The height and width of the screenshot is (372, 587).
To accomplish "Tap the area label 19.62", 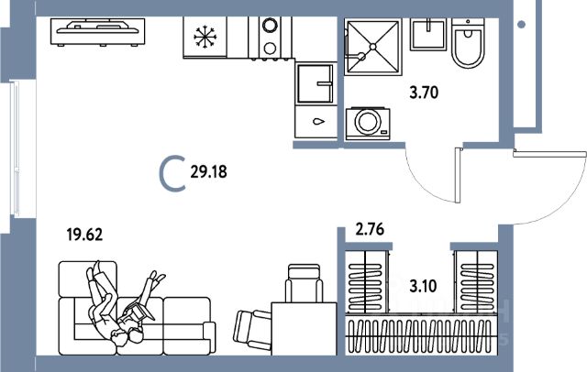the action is coord(83,234).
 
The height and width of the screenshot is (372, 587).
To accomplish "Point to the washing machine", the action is coord(369,122).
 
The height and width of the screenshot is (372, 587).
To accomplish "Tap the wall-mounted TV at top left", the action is coord(99,32).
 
